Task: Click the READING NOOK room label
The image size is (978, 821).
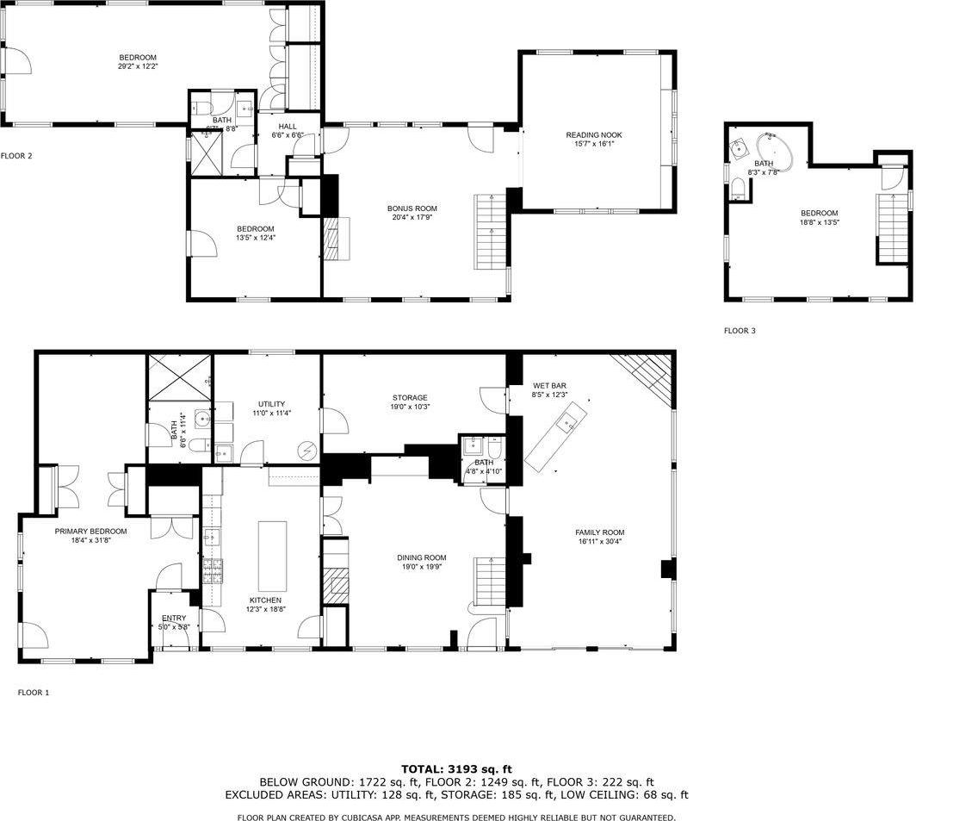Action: pyautogui.click(x=593, y=134)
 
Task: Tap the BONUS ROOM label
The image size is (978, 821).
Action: pyautogui.click(x=412, y=208)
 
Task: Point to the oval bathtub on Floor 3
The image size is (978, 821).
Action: pyautogui.click(x=775, y=151)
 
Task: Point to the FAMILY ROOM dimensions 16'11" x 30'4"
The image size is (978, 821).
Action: pyautogui.click(x=600, y=542)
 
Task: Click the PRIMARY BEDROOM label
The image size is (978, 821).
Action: pyautogui.click(x=90, y=532)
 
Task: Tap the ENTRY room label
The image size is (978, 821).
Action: pyautogui.click(x=174, y=618)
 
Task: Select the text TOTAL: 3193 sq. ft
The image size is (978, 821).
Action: pyautogui.click(x=456, y=768)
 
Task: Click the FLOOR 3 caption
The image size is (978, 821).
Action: pyautogui.click(x=740, y=331)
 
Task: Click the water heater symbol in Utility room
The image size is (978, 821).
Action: pyautogui.click(x=307, y=450)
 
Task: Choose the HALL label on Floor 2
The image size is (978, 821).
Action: pyautogui.click(x=287, y=126)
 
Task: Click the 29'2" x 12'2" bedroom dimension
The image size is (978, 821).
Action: pyautogui.click(x=138, y=66)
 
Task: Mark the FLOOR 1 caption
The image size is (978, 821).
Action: pyautogui.click(x=34, y=692)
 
